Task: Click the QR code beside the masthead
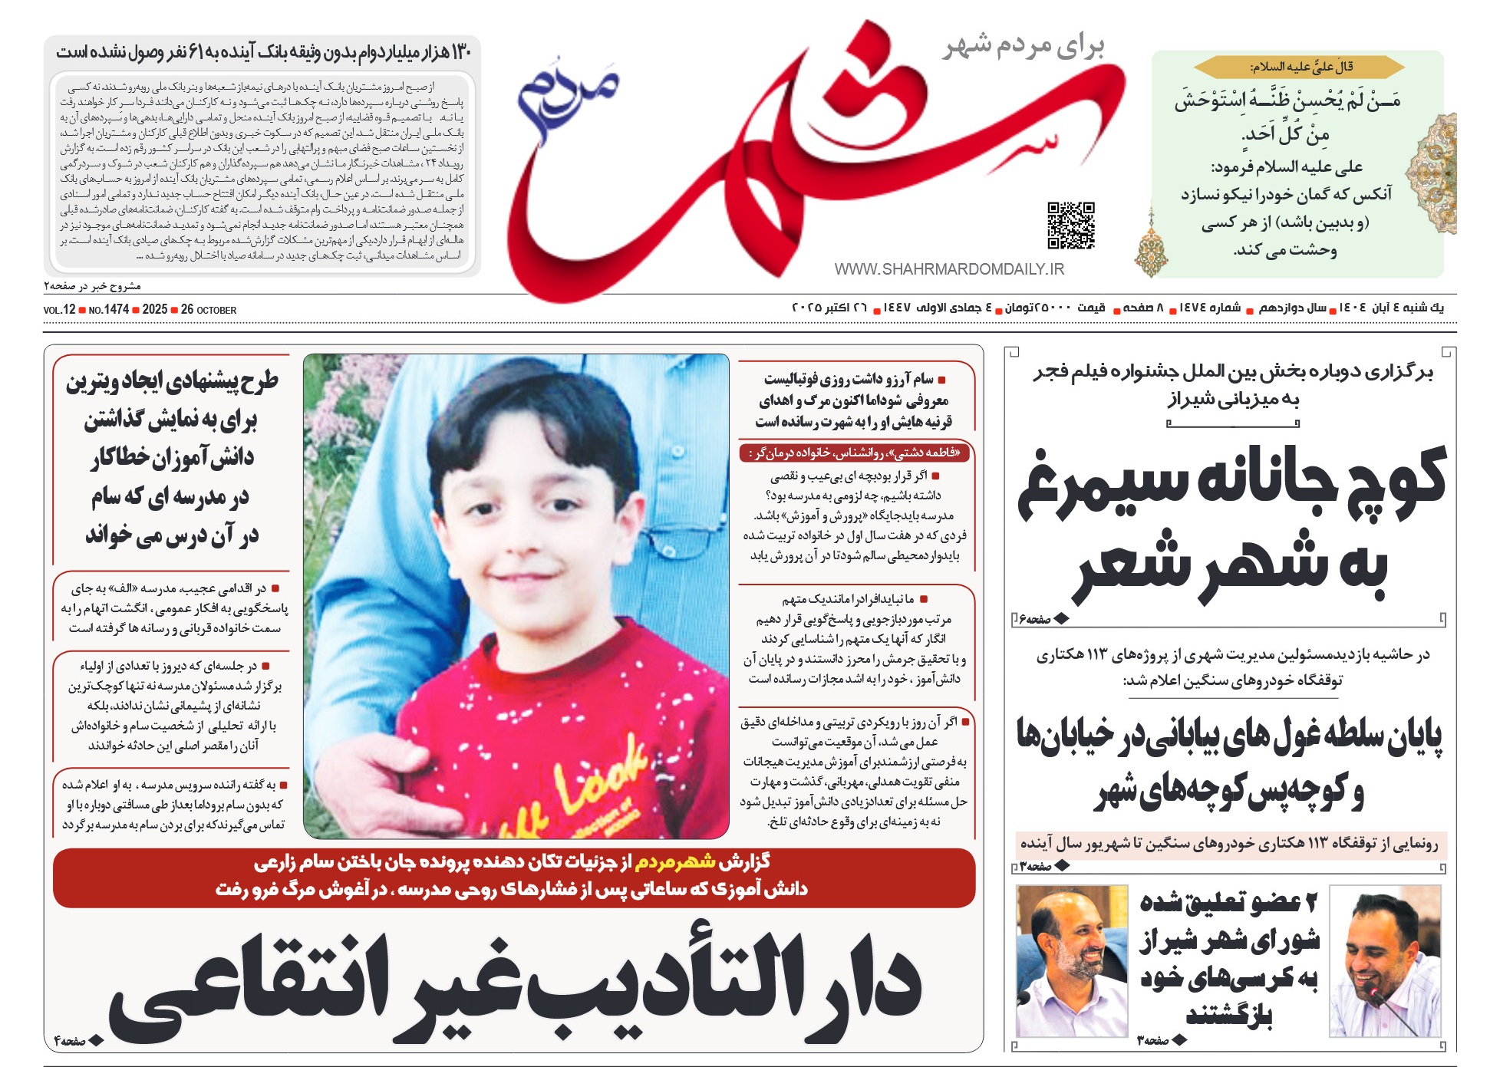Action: (1071, 226)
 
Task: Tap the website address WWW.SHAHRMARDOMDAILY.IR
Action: (949, 269)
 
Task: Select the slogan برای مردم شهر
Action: (1024, 46)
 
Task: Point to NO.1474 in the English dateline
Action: (108, 310)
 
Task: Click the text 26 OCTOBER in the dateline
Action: (209, 310)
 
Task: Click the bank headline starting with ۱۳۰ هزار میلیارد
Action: (263, 52)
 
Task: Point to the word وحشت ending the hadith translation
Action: (1312, 250)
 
